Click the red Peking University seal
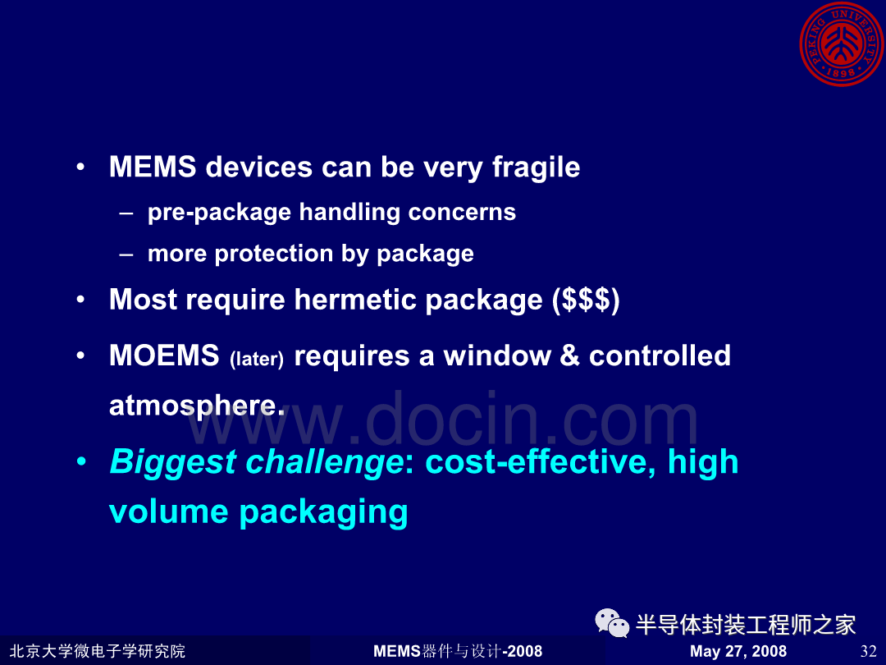click(842, 44)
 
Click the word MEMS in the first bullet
click(153, 167)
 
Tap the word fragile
click(536, 168)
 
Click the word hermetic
click(355, 299)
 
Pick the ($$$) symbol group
click(586, 300)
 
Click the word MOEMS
click(164, 355)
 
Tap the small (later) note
click(257, 359)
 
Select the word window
click(496, 356)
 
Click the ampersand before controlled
click(569, 356)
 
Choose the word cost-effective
click(540, 462)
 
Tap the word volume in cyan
click(168, 511)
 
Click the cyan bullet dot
click(81, 461)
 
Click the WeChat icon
click(612, 623)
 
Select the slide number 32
click(868, 651)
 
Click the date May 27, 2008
click(738, 651)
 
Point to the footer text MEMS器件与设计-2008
click(458, 651)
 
